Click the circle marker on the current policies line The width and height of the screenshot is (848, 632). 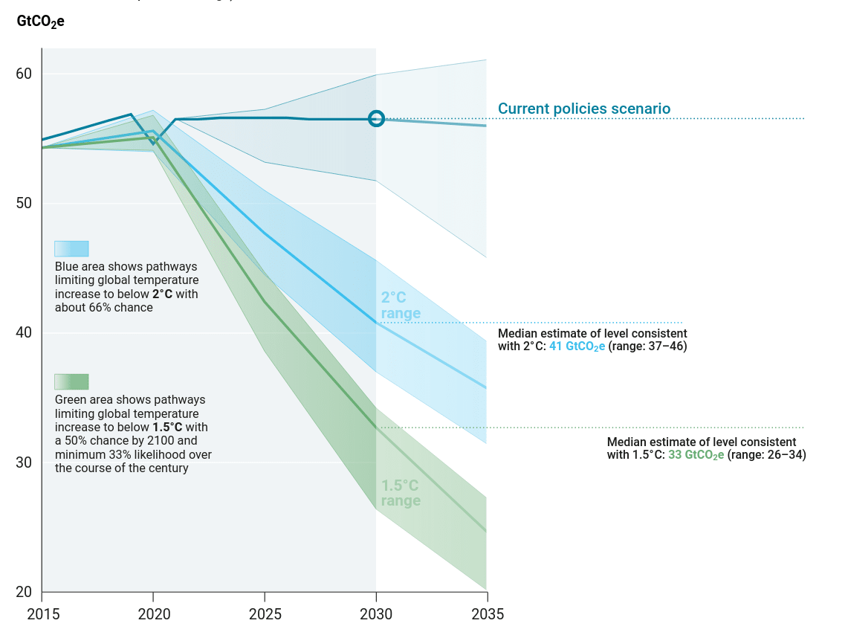coord(376,118)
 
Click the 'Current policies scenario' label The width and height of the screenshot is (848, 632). coord(584,109)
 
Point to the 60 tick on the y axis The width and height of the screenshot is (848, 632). coord(25,74)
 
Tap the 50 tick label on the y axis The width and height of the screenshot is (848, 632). coord(25,203)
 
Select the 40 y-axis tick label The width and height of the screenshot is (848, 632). coord(25,332)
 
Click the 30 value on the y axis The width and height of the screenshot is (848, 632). coord(25,462)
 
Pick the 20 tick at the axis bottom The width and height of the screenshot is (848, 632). coord(25,592)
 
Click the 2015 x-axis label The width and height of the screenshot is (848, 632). coord(42,614)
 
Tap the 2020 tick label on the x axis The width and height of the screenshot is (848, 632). coord(153,614)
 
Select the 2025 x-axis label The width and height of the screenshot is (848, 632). coord(265,614)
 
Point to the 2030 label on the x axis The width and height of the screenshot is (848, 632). coord(376,614)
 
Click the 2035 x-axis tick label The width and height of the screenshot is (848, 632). coord(488,614)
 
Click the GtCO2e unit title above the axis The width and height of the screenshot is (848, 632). coord(40,22)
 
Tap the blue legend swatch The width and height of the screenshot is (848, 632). coord(71,248)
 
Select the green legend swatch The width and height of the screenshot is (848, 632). coord(71,381)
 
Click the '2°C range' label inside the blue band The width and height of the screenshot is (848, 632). coord(401,306)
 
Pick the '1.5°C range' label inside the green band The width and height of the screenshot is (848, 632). coord(401,493)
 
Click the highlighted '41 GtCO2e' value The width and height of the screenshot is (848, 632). coord(577,346)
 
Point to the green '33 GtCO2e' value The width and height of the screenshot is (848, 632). coord(696,455)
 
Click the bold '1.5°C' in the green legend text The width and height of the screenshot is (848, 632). coord(167,428)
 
